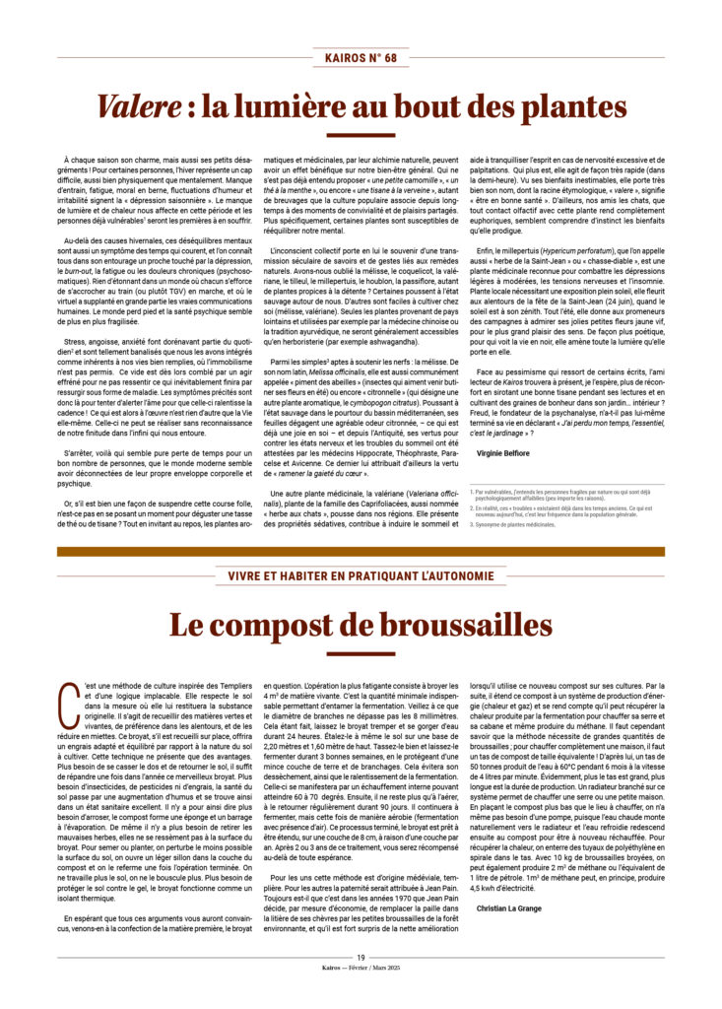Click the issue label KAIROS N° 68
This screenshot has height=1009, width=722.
(x=361, y=59)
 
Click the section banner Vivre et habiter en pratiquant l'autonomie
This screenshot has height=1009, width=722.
(x=361, y=575)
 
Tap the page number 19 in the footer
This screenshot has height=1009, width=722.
(x=361, y=956)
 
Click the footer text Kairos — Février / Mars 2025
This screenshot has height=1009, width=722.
(x=361, y=968)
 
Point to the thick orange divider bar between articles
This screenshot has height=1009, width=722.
(x=361, y=551)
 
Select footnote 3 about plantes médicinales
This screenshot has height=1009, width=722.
(x=514, y=525)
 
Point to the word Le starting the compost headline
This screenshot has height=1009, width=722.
(x=189, y=624)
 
